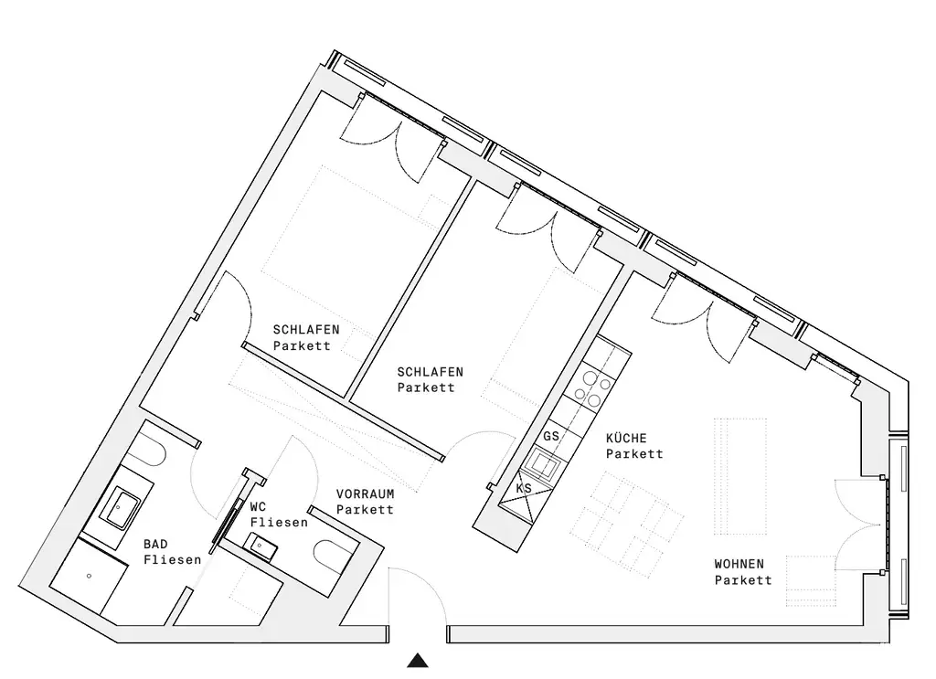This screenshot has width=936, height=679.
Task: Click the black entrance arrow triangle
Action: coord(418,661)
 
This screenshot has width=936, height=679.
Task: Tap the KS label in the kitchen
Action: coord(524,489)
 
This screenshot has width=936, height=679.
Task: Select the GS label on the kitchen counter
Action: coord(550,437)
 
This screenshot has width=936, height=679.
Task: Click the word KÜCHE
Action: coord(627,439)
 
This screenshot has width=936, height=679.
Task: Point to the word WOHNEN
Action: coord(739,564)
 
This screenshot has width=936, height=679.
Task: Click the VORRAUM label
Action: coord(365,493)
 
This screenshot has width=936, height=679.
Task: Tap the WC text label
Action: coord(258,506)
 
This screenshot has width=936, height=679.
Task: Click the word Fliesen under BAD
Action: coord(173,559)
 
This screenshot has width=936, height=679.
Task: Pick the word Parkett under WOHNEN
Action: coord(743,579)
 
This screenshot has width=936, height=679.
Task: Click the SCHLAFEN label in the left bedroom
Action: coord(306,330)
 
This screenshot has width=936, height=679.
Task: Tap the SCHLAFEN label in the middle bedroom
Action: coord(430,372)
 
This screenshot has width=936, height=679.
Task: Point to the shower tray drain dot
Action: coord(89,578)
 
